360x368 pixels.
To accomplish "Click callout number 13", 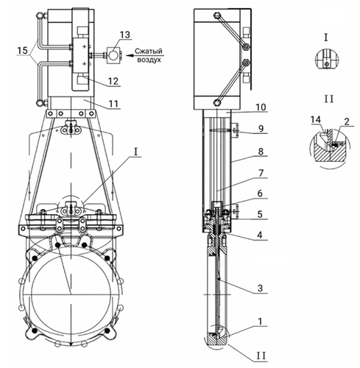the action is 125,35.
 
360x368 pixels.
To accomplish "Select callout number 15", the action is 22,50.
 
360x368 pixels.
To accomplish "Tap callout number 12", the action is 113,81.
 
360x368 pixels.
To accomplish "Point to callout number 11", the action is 113,104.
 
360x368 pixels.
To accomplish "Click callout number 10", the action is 261,107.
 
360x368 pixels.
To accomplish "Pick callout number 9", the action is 261,128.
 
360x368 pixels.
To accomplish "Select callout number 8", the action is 261,152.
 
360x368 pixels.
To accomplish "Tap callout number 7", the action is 261,173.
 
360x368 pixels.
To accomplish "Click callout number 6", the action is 260,194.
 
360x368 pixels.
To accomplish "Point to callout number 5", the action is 260,214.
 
